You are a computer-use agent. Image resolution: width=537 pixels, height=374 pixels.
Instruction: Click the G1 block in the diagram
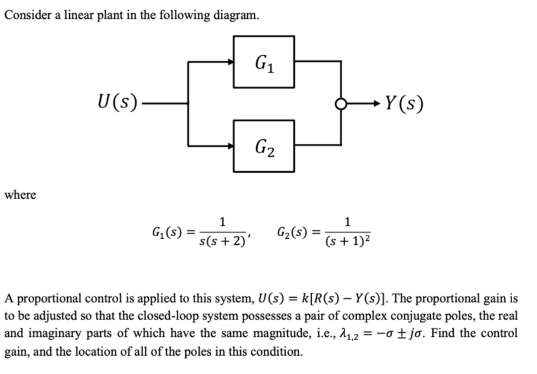tap(264, 62)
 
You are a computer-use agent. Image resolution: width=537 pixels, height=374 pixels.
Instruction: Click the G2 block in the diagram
tap(264, 146)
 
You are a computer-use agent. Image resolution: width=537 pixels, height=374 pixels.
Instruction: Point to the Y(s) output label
tap(404, 104)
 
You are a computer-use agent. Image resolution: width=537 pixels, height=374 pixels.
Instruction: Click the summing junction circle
tap(341, 104)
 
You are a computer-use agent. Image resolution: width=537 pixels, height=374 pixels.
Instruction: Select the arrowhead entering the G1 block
tap(230, 62)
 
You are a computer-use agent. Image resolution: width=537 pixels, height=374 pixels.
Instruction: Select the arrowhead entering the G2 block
tap(230, 146)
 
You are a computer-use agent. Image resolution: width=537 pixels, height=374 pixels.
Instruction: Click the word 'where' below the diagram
tap(20, 195)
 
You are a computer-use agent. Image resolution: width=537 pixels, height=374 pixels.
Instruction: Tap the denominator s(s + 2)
tap(222, 241)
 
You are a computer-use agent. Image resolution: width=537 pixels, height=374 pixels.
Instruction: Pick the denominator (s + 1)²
tap(348, 241)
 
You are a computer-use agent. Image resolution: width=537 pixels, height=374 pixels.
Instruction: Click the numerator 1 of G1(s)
tap(222, 221)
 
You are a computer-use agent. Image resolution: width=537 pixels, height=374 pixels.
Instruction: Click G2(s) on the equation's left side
tap(292, 232)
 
